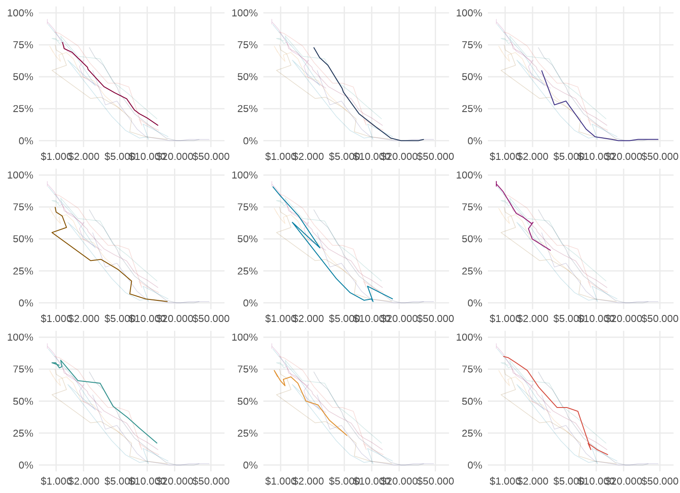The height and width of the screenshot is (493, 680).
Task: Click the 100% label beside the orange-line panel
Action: pos(244,338)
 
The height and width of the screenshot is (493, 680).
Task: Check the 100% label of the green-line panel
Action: pos(20,338)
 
